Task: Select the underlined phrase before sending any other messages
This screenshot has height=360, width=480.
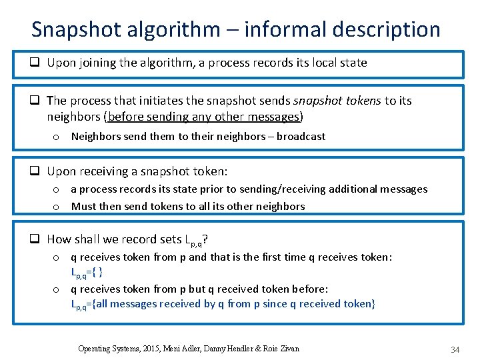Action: pos(205,117)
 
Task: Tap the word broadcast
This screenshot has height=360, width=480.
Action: pos(301,136)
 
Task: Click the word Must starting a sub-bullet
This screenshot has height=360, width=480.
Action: pos(84,206)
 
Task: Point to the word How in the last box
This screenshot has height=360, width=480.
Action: pos(59,239)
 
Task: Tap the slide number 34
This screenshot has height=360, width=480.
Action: pos(455,349)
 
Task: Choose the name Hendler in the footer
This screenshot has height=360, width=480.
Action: pos(245,349)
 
